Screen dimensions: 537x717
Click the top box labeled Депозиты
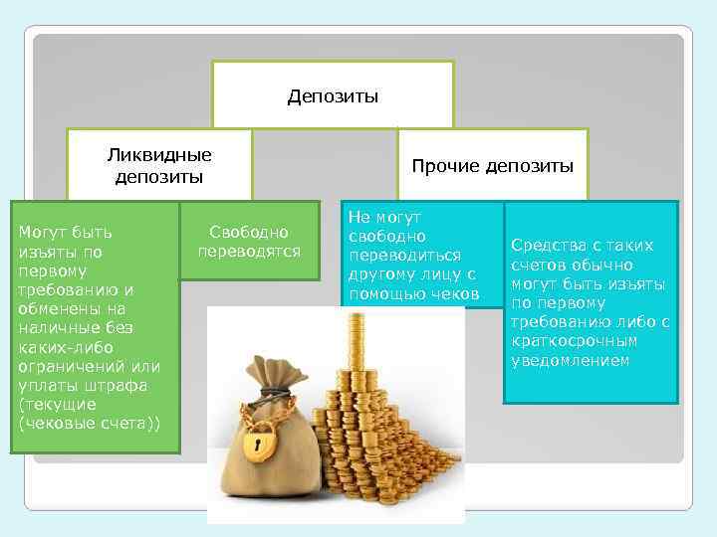tap(332, 96)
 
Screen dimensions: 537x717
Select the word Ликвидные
tap(159, 156)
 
